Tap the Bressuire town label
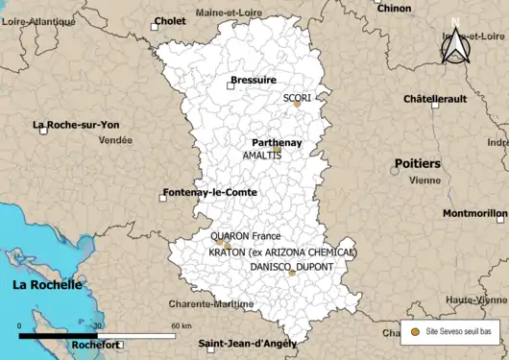click(x=253, y=82)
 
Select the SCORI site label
click(x=297, y=98)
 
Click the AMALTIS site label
click(x=262, y=155)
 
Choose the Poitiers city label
click(x=417, y=164)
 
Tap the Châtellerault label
click(x=435, y=98)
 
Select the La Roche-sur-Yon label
click(x=76, y=125)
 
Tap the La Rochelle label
click(x=47, y=285)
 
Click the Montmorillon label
click(x=473, y=213)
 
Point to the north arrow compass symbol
click(x=454, y=42)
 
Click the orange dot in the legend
click(x=415, y=331)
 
